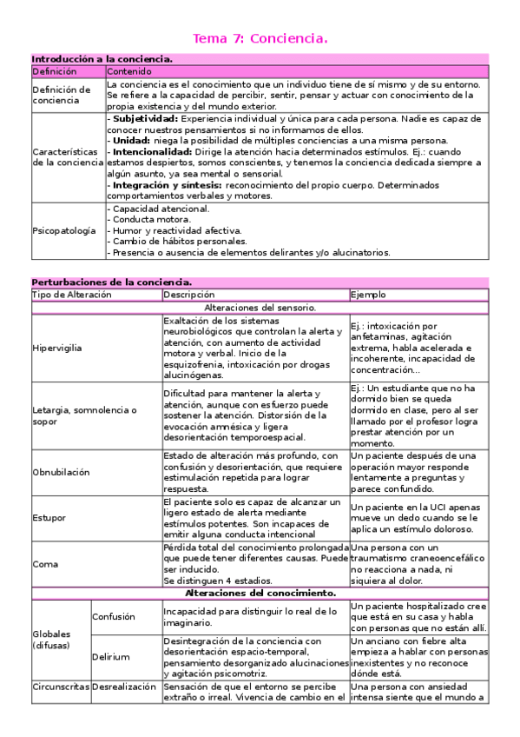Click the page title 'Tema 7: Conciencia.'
pyautogui.click(x=260, y=38)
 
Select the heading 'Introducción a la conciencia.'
pyautogui.click(x=102, y=59)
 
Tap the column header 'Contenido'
pyautogui.click(x=129, y=70)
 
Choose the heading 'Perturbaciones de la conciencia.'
pyautogui.click(x=111, y=282)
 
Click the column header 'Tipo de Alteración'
pyautogui.click(x=71, y=295)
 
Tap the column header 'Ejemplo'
pyautogui.click(x=369, y=295)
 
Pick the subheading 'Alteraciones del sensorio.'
pyautogui.click(x=260, y=307)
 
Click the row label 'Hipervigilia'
pyautogui.click(x=58, y=348)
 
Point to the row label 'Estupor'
pyautogui.click(x=49, y=517)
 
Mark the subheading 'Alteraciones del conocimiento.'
pyautogui.click(x=260, y=592)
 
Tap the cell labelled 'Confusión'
pyautogui.click(x=115, y=616)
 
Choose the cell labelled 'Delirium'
pyautogui.click(x=112, y=657)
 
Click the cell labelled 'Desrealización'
pyautogui.click(x=126, y=686)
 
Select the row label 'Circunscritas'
pyautogui.click(x=61, y=686)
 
